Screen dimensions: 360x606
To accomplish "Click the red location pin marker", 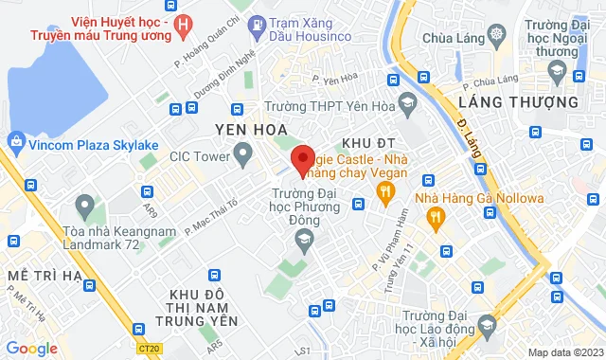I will click(302, 160).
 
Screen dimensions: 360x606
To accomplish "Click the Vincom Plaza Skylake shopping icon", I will click(15, 141).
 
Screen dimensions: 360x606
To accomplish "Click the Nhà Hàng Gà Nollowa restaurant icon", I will click(437, 218).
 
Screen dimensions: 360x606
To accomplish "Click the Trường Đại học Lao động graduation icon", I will click(487, 325).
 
